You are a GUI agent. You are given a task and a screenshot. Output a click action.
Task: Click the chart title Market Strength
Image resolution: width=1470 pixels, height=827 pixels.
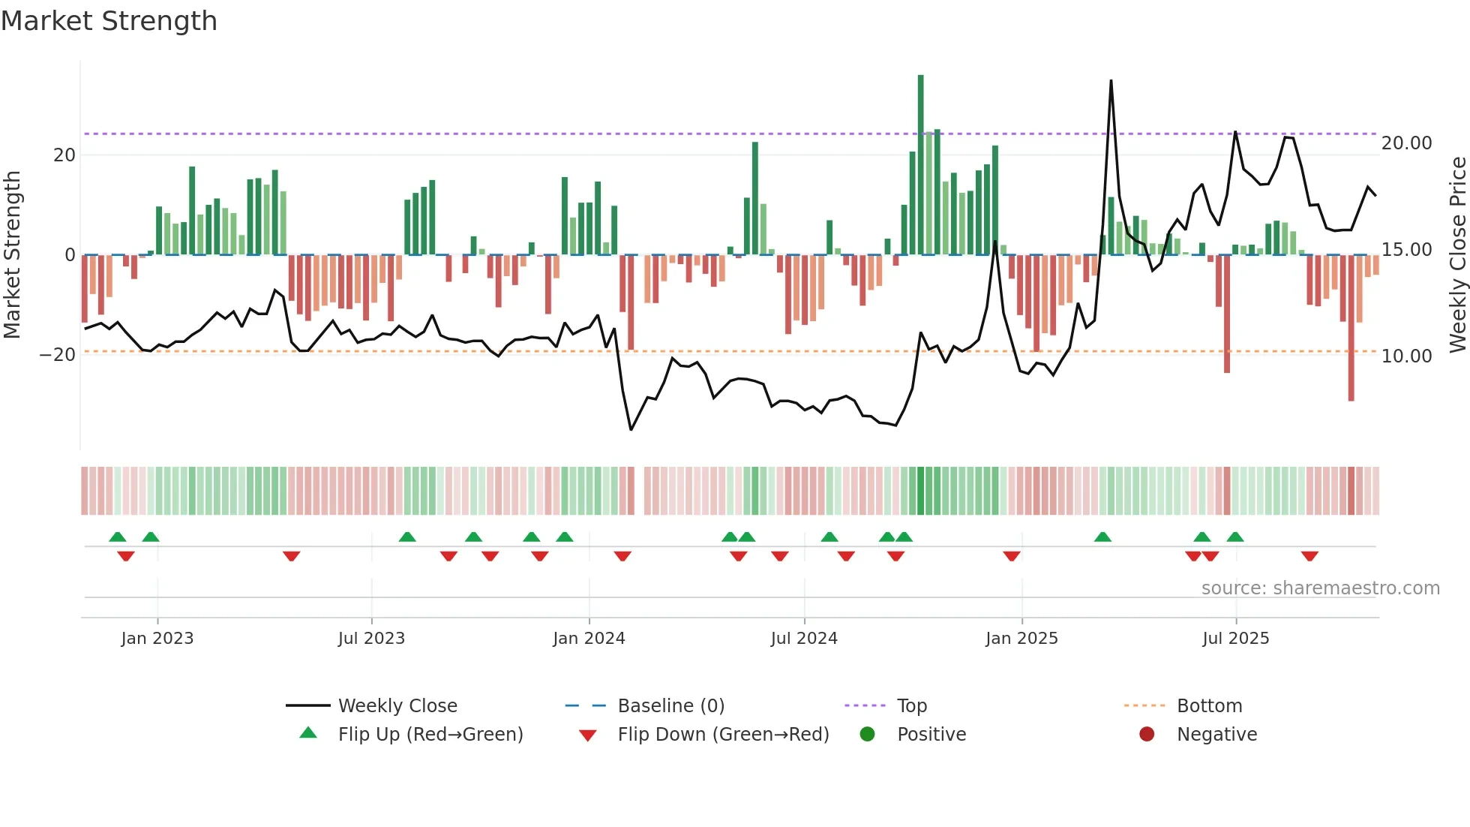(x=109, y=21)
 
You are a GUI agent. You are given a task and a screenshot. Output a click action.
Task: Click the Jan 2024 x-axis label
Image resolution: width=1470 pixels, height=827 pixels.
(x=589, y=639)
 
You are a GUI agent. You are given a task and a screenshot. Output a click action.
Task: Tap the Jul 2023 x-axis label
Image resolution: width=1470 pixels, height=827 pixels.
(x=371, y=639)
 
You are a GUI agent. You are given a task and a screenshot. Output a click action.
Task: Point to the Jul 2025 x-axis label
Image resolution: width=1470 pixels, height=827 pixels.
(x=1235, y=639)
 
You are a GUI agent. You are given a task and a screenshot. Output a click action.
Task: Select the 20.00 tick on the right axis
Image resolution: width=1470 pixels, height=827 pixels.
(x=1406, y=143)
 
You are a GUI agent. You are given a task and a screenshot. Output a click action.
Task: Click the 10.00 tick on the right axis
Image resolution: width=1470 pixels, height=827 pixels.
(x=1406, y=356)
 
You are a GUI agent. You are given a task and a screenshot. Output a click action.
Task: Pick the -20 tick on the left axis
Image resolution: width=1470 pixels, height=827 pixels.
(x=58, y=355)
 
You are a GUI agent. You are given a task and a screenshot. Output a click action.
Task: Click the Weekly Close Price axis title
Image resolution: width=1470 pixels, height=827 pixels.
(x=1457, y=255)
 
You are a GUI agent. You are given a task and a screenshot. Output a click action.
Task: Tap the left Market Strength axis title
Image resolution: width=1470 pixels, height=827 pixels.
(x=12, y=255)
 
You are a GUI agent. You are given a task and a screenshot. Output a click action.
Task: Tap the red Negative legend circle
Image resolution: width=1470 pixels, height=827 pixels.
(x=1147, y=735)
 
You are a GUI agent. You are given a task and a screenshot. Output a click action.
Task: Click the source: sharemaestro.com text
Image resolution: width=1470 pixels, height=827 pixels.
(x=1320, y=588)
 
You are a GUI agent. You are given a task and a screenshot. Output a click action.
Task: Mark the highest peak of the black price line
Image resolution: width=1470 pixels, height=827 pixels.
(x=1111, y=81)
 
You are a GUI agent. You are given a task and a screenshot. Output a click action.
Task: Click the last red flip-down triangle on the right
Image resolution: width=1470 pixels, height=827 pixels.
(x=1309, y=556)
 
